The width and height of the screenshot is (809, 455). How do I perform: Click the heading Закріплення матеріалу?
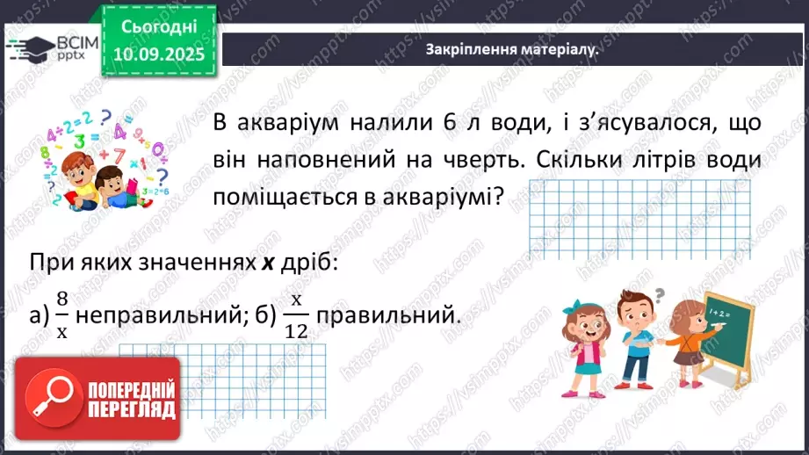511,50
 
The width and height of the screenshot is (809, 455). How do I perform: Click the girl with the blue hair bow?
584,343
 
